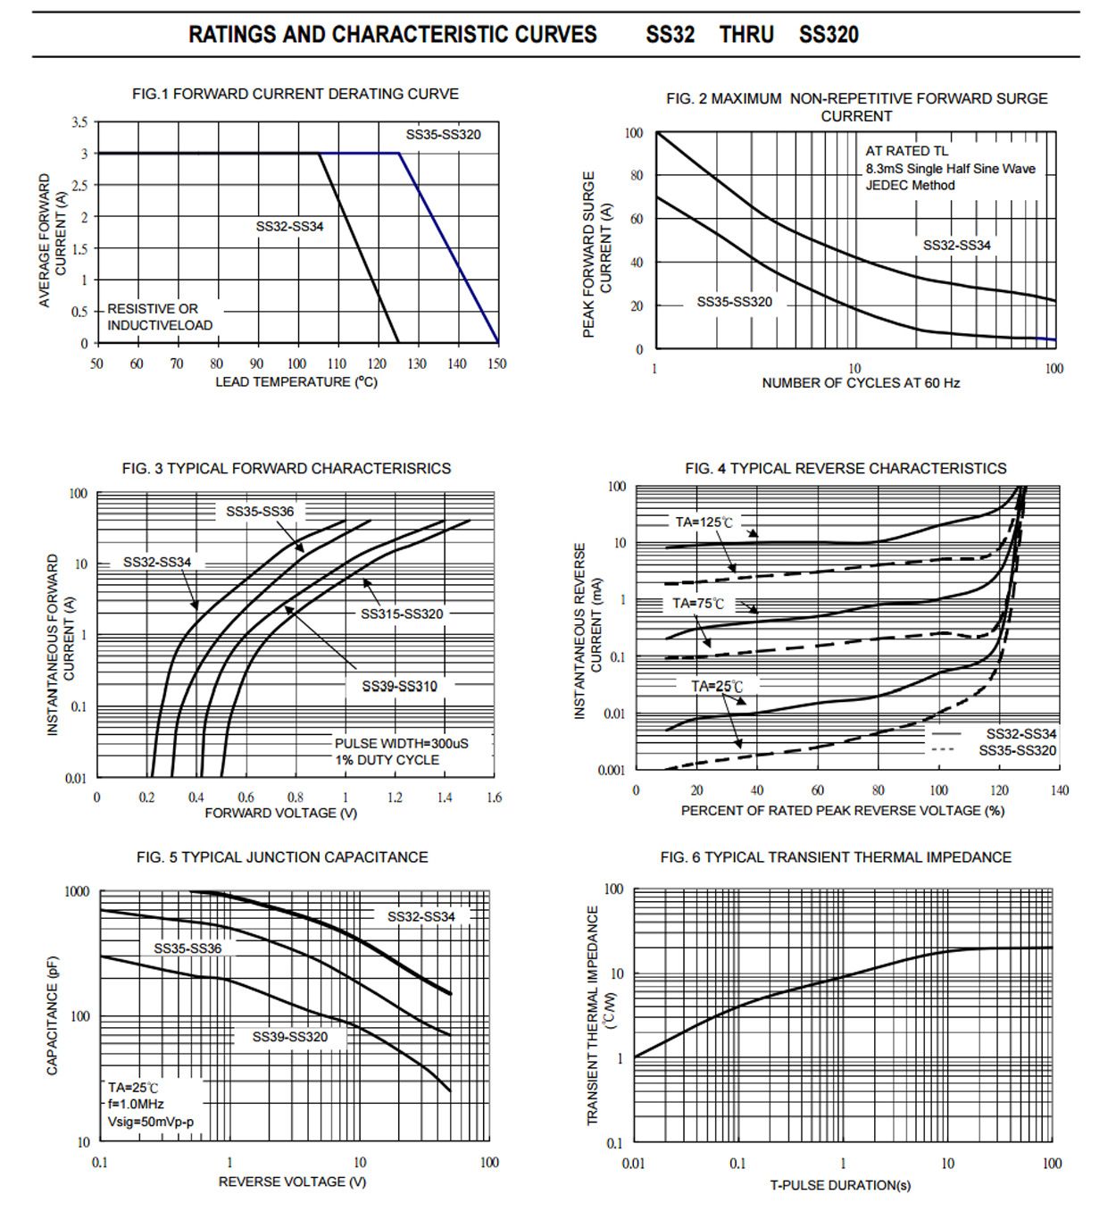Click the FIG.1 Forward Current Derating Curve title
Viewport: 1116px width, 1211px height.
pyautogui.click(x=295, y=94)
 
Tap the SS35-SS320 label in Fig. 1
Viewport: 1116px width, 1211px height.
pyautogui.click(x=443, y=135)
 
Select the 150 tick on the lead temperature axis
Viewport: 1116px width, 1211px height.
pyautogui.click(x=497, y=363)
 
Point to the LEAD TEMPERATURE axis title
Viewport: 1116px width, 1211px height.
pyautogui.click(x=296, y=382)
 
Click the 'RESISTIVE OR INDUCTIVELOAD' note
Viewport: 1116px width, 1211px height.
pyautogui.click(x=160, y=317)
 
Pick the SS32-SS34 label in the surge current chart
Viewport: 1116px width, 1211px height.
pyautogui.click(x=956, y=246)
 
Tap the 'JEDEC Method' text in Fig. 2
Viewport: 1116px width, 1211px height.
pyautogui.click(x=910, y=186)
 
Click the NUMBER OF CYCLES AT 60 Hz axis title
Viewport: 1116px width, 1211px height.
pyautogui.click(x=860, y=383)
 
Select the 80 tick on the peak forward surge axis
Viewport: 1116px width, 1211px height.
pyautogui.click(x=636, y=176)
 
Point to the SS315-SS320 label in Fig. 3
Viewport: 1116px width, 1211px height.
pyautogui.click(x=402, y=614)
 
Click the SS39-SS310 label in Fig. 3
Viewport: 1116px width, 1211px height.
pyautogui.click(x=399, y=686)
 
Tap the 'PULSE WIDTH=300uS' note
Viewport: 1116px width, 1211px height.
pyautogui.click(x=401, y=743)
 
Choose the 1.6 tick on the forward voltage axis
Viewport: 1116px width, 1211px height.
pyautogui.click(x=494, y=798)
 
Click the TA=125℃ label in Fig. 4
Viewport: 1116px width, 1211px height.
pyautogui.click(x=703, y=522)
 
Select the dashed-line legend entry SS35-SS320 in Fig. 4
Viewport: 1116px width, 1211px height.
pyautogui.click(x=1017, y=751)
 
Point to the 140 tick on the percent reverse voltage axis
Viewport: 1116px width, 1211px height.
pyautogui.click(x=1059, y=790)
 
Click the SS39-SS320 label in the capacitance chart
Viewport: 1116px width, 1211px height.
pyautogui.click(x=289, y=1037)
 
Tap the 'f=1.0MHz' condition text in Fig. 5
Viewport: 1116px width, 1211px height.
pyautogui.click(x=136, y=1105)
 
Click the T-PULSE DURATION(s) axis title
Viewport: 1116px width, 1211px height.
pyautogui.click(x=840, y=1185)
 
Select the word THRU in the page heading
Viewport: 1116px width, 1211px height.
pyautogui.click(x=746, y=35)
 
